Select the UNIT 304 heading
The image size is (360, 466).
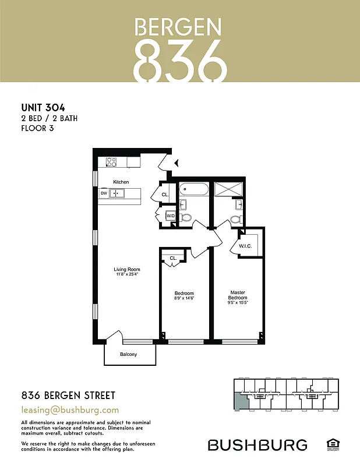pyautogui.click(x=43, y=107)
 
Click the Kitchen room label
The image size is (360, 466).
pyautogui.click(x=121, y=182)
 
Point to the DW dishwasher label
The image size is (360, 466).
pyautogui.click(x=104, y=193)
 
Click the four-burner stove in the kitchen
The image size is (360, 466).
pyautogui.click(x=111, y=162)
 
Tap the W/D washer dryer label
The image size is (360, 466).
pyautogui.click(x=171, y=216)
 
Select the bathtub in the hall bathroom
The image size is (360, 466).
pyautogui.click(x=193, y=189)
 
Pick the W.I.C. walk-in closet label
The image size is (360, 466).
pyautogui.click(x=245, y=246)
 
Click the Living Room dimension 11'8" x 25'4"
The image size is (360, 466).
pyautogui.click(x=126, y=275)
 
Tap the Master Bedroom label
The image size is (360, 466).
pyautogui.click(x=238, y=295)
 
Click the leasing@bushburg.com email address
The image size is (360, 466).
pyautogui.click(x=70, y=410)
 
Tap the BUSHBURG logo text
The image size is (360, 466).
pyautogui.click(x=257, y=446)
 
